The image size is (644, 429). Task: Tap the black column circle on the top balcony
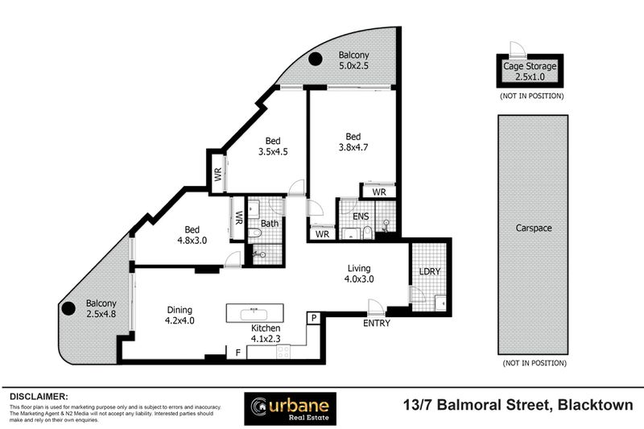pos(316,57)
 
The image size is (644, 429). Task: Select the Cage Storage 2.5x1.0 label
pos(529,71)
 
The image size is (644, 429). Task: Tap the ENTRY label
pos(376,324)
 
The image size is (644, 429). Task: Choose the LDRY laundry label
pos(429,272)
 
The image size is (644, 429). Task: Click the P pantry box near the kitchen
pos(312,320)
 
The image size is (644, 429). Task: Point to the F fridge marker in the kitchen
pos(237,352)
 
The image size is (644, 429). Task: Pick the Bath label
pos(270,223)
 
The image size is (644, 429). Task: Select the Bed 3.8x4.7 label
pos(352,142)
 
